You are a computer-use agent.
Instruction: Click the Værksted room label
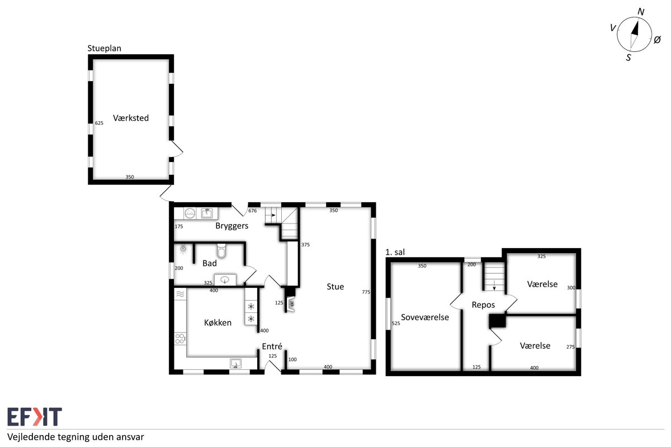point(131,118)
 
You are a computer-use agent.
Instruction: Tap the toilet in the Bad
point(221,250)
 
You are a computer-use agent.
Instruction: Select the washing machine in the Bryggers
point(190,213)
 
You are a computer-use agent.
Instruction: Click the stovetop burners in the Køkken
point(179,339)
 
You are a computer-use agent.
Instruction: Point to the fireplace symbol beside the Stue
point(291,305)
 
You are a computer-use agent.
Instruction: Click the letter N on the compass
point(641,12)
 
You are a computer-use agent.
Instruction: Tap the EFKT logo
point(35,416)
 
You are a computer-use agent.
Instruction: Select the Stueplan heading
point(104,48)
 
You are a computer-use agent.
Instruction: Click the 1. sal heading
point(395,252)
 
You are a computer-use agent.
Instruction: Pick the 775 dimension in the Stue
point(366,292)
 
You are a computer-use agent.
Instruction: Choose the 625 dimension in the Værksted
point(99,123)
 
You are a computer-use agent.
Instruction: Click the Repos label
point(483,305)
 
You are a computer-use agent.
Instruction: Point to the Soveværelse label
point(425,317)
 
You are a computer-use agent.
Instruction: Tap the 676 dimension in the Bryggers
point(253,211)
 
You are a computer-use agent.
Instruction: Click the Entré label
point(272,346)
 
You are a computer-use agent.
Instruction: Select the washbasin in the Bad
point(225,279)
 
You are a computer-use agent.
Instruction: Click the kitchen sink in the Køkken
point(236,363)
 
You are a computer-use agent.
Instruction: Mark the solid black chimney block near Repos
point(498,321)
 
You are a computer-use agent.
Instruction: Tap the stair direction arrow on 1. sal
point(494,284)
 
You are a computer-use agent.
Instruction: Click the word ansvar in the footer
point(131,437)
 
